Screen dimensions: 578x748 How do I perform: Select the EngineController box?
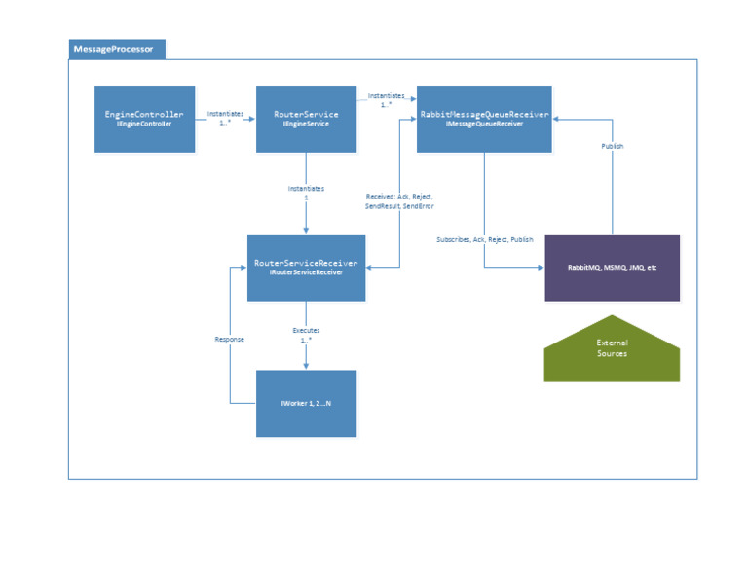[x=144, y=119]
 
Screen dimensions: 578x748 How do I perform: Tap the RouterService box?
[x=306, y=119]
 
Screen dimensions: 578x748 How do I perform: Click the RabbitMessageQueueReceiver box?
[x=484, y=119]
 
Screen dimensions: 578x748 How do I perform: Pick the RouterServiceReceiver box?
[x=306, y=268]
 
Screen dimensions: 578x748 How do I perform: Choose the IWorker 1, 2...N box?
[x=306, y=403]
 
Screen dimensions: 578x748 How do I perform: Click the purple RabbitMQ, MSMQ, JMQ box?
[x=612, y=267]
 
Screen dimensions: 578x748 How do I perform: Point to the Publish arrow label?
[x=612, y=146]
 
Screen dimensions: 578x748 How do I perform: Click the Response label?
[x=229, y=339]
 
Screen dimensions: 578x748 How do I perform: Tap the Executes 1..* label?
[x=307, y=335]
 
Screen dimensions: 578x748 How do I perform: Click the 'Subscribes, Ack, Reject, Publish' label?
[x=485, y=239]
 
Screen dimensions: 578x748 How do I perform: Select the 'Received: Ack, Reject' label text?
[x=393, y=197]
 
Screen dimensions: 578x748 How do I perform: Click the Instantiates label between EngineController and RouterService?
[x=226, y=114]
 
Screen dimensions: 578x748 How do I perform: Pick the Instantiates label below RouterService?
[x=307, y=188]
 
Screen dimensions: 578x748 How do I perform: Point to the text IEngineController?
[x=144, y=125]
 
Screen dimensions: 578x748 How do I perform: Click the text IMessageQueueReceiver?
[x=484, y=124]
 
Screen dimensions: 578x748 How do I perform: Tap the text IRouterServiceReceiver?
[x=306, y=273]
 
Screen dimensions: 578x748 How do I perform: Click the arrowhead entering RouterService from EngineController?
[x=252, y=119]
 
